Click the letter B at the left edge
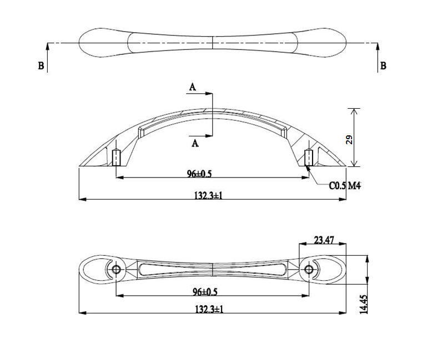point(41,66)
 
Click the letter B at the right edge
point(383,66)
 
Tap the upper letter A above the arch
point(192,87)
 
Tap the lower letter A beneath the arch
point(194,144)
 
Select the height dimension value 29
point(349,139)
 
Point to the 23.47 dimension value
point(324,240)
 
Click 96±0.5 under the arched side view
point(199,174)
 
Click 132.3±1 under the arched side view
point(208,195)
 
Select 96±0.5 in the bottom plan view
point(205,292)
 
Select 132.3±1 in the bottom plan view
point(209,309)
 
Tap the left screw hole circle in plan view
point(116,270)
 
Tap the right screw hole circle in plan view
point(308,270)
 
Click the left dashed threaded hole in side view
point(116,158)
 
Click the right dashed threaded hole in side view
point(309,158)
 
